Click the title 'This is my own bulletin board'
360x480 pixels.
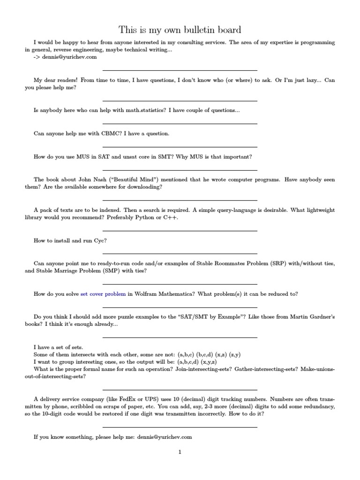pyautogui.click(x=180, y=30)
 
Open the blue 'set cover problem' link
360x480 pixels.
pyautogui.click(x=103, y=294)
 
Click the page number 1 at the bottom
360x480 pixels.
pyautogui.click(x=180, y=452)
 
